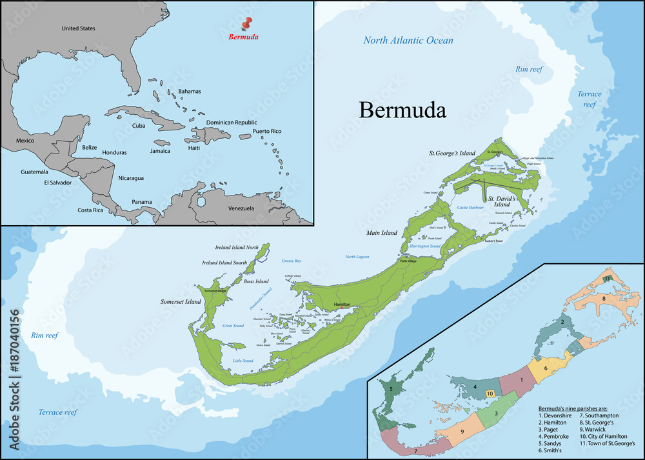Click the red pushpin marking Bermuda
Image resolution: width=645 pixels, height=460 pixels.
(x=246, y=24)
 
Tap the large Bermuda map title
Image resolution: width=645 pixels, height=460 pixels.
(x=402, y=110)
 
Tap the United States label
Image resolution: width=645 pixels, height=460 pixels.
(x=78, y=28)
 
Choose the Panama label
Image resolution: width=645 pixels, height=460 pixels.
(x=142, y=202)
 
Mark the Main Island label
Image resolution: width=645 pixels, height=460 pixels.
(x=381, y=233)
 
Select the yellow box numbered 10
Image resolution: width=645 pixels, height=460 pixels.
(x=490, y=393)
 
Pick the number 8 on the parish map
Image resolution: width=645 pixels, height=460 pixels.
(x=603, y=298)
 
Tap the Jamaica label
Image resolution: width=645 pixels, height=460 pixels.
(x=159, y=151)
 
